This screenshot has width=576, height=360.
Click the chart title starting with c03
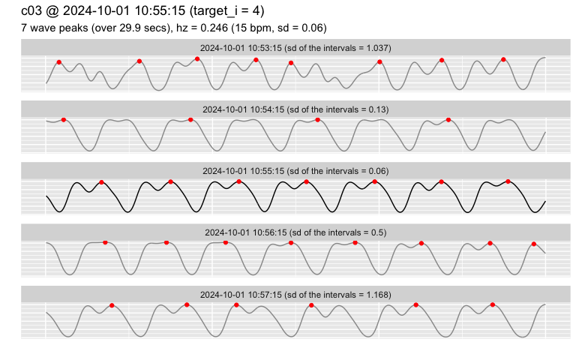(142, 11)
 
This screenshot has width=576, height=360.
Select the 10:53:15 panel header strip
(295, 48)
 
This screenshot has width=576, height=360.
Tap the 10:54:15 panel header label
(295, 109)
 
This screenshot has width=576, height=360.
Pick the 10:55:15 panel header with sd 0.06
(295, 171)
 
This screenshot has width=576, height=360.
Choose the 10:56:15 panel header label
(295, 232)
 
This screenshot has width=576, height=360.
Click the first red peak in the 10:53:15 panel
(59, 62)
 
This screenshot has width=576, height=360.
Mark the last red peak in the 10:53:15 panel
(503, 59)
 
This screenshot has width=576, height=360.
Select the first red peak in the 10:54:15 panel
(64, 120)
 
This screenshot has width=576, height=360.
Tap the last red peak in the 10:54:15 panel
(448, 120)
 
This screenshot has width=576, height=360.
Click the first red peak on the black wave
(101, 182)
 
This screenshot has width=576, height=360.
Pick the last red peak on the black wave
(508, 181)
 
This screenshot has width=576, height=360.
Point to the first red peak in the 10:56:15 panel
(105, 242)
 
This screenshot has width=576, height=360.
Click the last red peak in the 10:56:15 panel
(534, 244)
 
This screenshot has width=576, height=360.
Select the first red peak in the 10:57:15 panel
(112, 305)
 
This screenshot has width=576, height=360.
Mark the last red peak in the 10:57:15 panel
(493, 304)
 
